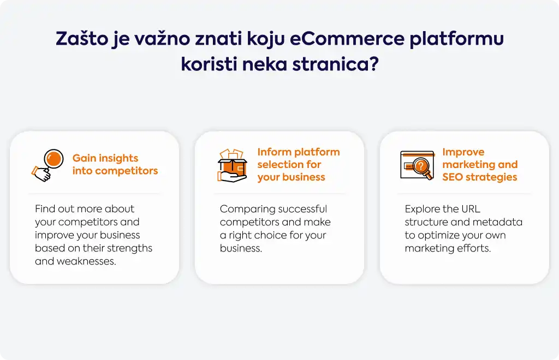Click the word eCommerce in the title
(347, 38)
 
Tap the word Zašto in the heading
(82, 38)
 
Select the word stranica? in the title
(336, 64)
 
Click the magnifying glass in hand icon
(48, 165)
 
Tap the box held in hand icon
(233, 166)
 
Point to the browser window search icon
(418, 166)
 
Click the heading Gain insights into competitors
(115, 164)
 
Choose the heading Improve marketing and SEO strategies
(480, 164)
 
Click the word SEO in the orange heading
(453, 177)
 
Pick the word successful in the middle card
(302, 209)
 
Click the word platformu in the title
(456, 39)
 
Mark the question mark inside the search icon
(421, 166)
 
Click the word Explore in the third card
(422, 209)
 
